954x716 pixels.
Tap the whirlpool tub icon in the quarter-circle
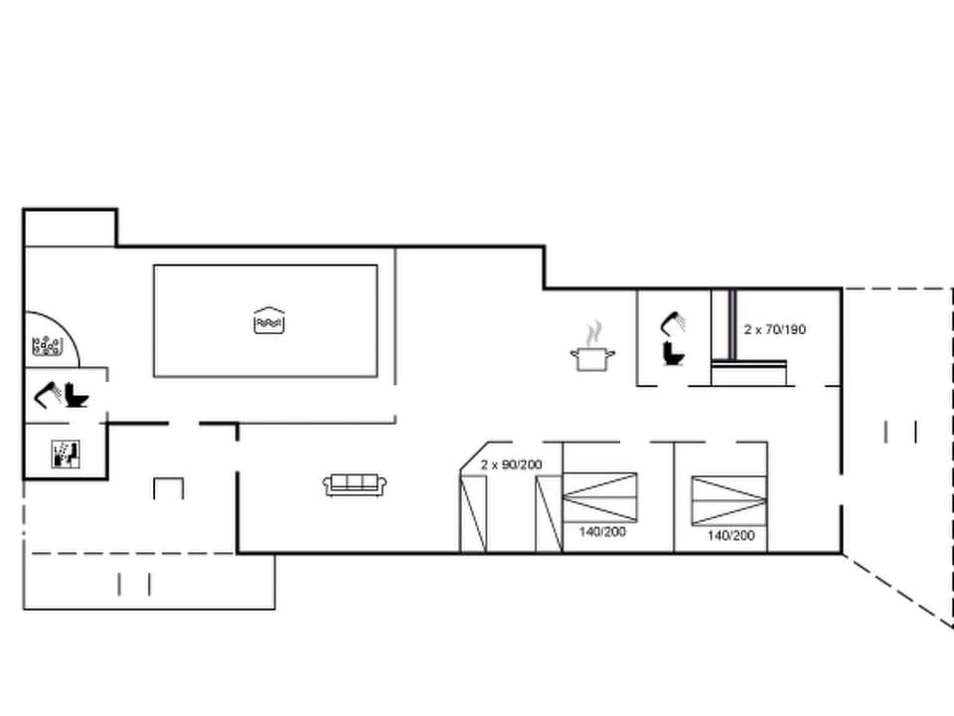click(47, 346)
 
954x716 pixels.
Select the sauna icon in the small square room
click(65, 453)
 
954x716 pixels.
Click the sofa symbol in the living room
click(355, 484)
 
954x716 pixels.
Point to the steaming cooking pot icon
click(592, 356)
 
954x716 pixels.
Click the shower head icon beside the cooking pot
click(673, 322)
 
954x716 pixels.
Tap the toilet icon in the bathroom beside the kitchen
click(673, 352)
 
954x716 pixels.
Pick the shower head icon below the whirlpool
click(47, 395)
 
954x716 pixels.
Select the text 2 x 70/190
click(775, 329)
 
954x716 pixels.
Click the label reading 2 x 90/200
click(512, 464)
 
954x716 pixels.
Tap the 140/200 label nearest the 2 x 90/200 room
click(602, 532)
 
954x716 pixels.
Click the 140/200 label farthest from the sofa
click(730, 535)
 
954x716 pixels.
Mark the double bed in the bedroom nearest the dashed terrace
click(728, 499)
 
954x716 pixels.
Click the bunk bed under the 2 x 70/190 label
click(750, 374)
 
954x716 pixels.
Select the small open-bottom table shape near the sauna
click(168, 487)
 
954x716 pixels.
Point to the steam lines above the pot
click(594, 330)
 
